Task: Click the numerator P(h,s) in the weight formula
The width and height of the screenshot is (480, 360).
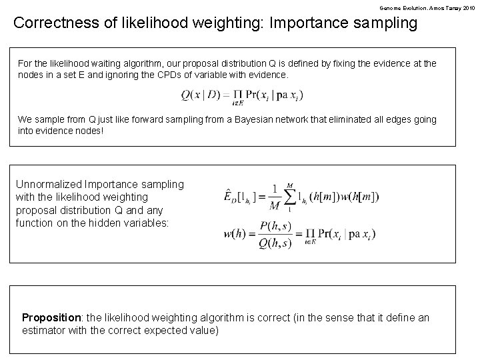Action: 274,228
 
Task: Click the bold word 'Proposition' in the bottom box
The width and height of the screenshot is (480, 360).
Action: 50,317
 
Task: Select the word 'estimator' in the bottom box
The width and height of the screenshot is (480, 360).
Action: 43,330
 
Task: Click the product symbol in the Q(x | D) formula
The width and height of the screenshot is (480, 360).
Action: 236,95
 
